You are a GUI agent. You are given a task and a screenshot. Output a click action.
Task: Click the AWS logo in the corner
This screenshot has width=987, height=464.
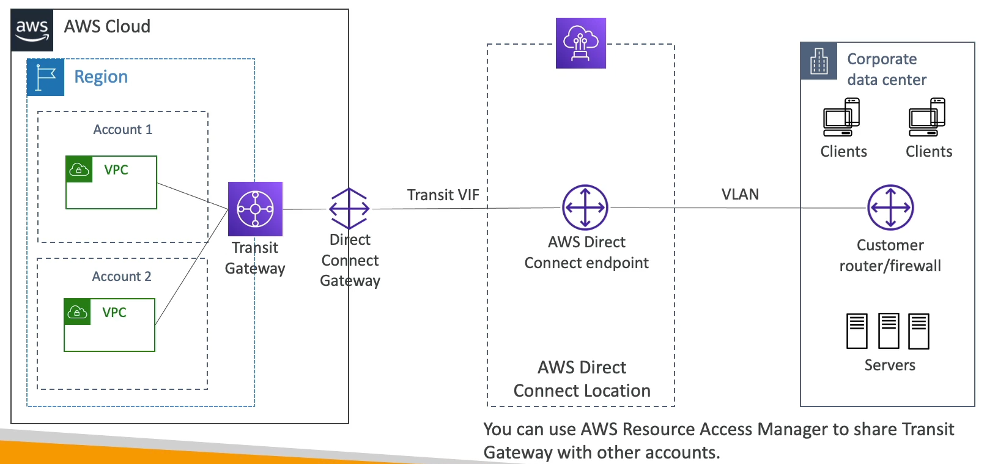tap(32, 29)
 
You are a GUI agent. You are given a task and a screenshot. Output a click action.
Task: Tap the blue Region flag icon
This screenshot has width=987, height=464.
tap(45, 78)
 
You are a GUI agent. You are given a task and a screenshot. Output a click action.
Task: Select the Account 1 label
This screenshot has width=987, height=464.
tap(122, 130)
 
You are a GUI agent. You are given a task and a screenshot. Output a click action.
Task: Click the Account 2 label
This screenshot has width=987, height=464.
tap(122, 277)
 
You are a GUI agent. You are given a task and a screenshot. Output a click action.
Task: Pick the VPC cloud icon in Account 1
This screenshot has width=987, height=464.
tap(79, 170)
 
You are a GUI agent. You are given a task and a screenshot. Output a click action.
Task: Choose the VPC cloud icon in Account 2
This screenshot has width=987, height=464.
tap(78, 312)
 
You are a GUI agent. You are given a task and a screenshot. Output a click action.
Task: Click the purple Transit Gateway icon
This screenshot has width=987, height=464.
tap(255, 209)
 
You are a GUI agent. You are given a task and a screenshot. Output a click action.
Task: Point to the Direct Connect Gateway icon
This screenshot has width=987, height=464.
tap(349, 209)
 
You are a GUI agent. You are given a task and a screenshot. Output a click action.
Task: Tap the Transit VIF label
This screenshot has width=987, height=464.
tap(443, 195)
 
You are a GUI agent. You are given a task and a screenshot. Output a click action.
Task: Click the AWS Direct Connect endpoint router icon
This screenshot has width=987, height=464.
tap(585, 208)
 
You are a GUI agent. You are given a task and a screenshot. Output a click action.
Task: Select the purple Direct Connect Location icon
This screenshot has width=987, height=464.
tap(581, 43)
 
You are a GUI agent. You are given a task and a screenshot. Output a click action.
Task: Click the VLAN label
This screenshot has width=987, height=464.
tap(740, 195)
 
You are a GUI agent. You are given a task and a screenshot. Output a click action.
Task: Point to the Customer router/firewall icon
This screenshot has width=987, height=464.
tap(890, 208)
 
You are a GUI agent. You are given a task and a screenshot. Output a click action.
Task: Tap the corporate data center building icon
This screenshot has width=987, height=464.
tap(819, 61)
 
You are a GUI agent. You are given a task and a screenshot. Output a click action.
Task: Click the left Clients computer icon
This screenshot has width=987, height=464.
tap(841, 118)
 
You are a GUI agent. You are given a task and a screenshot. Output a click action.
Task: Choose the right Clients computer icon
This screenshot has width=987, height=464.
tap(927, 118)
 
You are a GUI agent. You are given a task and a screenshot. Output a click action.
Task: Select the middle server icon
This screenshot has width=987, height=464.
tap(889, 331)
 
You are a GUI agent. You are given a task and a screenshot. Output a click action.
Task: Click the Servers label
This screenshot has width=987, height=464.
tap(890, 365)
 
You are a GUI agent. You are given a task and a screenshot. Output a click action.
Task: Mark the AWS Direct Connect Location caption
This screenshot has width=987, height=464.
tap(582, 379)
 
